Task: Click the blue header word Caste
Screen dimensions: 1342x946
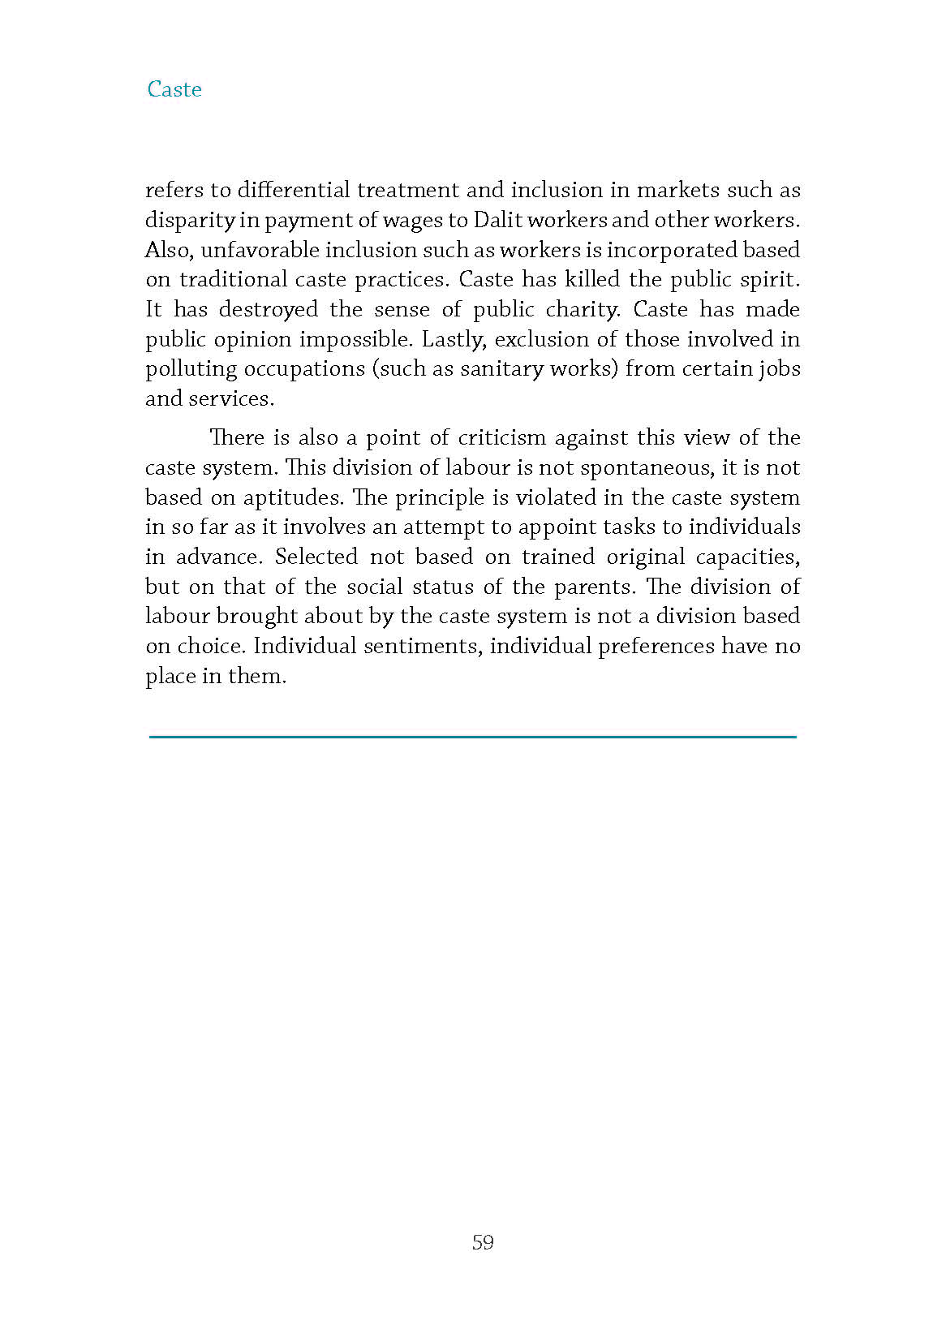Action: (x=174, y=89)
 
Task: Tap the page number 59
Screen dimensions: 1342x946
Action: (x=483, y=1242)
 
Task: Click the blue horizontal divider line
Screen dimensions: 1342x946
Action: (x=473, y=736)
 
